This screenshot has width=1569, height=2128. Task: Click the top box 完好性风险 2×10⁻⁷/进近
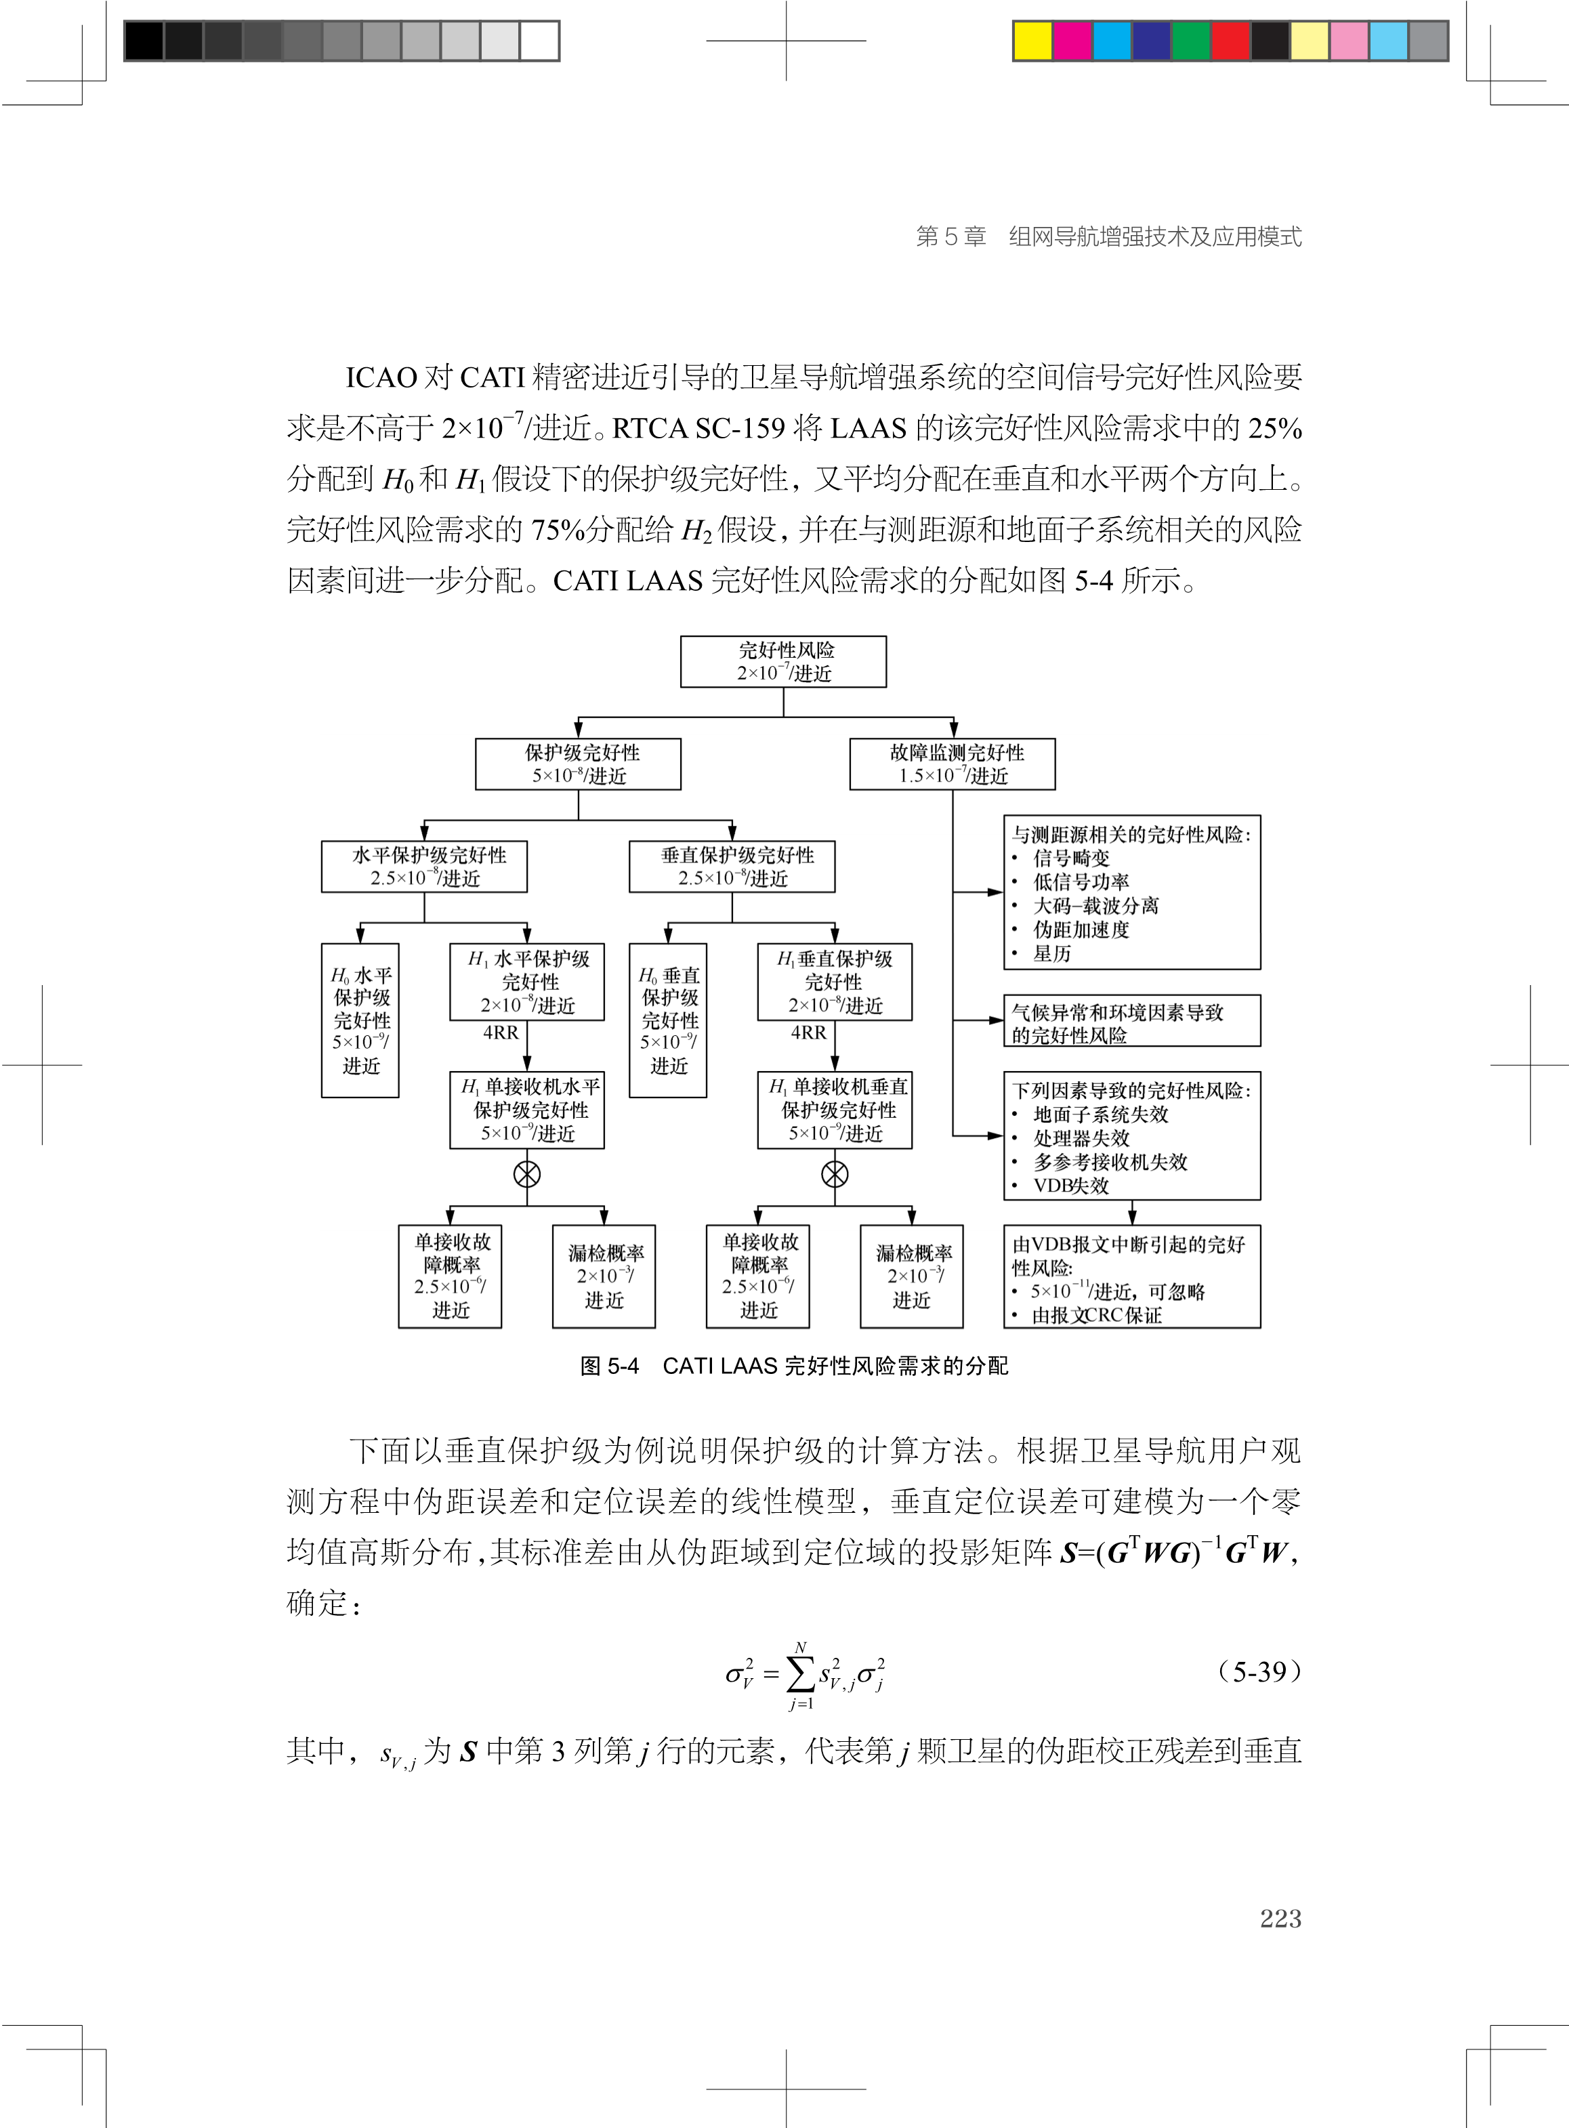tap(784, 662)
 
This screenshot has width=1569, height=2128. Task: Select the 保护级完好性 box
tap(579, 764)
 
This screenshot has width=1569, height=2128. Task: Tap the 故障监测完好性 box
tap(952, 764)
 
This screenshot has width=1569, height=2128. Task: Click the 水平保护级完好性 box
tap(425, 866)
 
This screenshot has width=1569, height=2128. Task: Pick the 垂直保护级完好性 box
tap(732, 866)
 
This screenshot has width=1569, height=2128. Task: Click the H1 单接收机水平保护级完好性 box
tap(527, 1110)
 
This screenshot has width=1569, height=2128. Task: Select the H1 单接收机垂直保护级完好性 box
tap(835, 1110)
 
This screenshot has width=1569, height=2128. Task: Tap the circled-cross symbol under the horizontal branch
tap(527, 1175)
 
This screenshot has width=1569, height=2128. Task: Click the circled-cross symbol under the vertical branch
tap(835, 1175)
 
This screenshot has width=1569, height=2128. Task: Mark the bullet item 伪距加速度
tap(1081, 930)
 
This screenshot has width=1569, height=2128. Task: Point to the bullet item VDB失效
tap(1070, 1185)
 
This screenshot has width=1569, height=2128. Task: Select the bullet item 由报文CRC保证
tap(1096, 1315)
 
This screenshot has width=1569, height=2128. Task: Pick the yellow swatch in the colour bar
tap(1032, 41)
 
